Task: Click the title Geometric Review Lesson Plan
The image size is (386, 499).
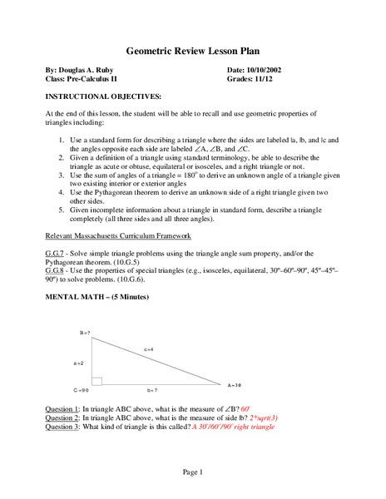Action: (x=192, y=48)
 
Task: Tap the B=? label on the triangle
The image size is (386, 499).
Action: (x=84, y=332)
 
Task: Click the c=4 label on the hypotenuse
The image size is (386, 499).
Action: (x=149, y=349)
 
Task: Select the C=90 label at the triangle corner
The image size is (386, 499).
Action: (x=81, y=389)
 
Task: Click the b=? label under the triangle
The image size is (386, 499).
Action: (x=151, y=389)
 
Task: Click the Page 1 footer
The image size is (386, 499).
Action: (x=193, y=472)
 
